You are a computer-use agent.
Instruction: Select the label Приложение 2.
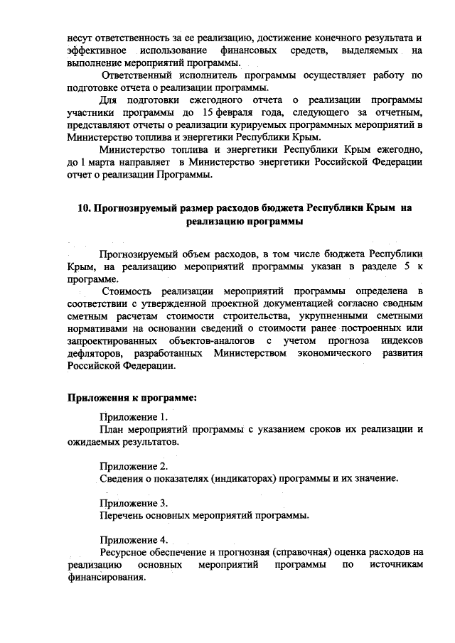pyautogui.click(x=134, y=466)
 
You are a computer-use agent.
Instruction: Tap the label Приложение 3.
pyautogui.click(x=134, y=502)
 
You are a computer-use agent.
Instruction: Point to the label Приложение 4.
pyautogui.click(x=134, y=539)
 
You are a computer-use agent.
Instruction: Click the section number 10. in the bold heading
pyautogui.click(x=84, y=208)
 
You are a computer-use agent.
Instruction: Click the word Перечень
pyautogui.click(x=122, y=514)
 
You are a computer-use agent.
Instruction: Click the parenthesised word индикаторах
pyautogui.click(x=241, y=478)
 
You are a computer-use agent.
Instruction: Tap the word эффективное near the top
pyautogui.click(x=96, y=51)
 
